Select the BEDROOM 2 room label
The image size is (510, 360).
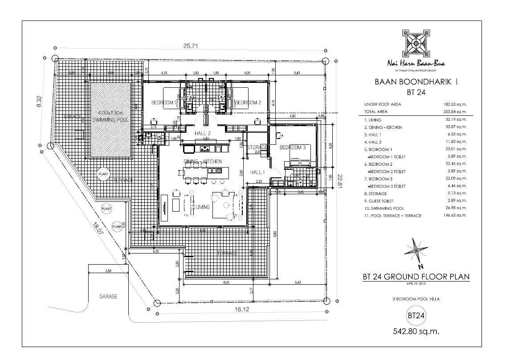pos(247,102)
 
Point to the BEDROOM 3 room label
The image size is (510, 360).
pos(293,147)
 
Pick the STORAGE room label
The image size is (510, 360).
pos(257,147)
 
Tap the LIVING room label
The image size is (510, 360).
pos(203,207)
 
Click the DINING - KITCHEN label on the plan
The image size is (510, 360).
pos(202,161)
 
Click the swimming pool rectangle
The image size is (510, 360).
pos(110,119)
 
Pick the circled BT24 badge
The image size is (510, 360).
pos(415,315)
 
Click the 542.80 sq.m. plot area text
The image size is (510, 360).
pos(415,331)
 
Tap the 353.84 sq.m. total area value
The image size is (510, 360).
pos(457,112)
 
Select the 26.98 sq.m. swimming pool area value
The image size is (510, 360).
pos(458,208)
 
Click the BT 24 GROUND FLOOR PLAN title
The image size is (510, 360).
pos(416,277)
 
